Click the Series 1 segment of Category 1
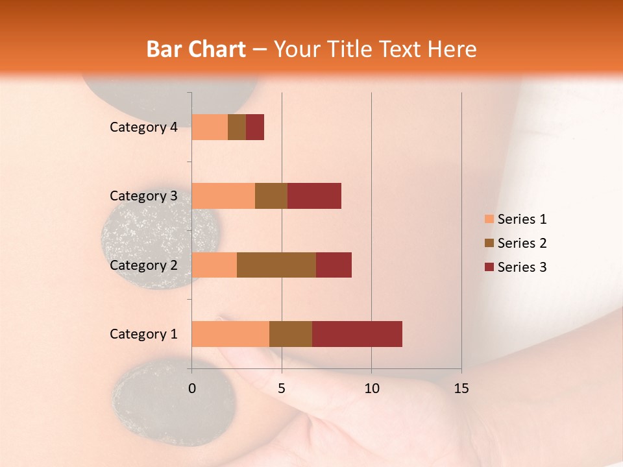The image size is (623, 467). pos(230,333)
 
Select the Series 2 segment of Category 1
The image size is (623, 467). pos(291,333)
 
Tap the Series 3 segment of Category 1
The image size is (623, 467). pos(357,333)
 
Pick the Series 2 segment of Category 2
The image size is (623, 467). pos(276,265)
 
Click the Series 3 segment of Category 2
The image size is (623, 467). pos(334,265)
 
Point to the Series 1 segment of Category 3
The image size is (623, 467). pos(223,196)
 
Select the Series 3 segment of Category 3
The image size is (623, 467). pos(314,196)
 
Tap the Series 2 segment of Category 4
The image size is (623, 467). pos(237,127)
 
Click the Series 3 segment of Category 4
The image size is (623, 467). pos(255,127)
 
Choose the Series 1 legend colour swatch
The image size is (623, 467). pos(489,219)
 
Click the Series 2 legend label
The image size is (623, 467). pos(522,243)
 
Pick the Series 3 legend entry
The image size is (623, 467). pos(515,267)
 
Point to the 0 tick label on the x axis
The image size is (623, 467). pos(192,389)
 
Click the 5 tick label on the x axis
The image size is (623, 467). pos(282,389)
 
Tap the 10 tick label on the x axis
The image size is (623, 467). pos(371,389)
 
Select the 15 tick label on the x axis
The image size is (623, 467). pos(461,389)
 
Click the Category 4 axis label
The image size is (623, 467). pos(143,127)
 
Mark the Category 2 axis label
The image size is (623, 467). pos(143,265)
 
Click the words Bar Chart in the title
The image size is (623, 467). pos(196,49)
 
